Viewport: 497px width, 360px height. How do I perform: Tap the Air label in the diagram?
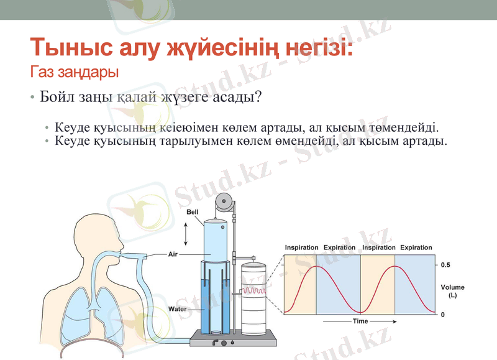point(174,254)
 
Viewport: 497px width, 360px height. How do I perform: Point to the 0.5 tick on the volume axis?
point(446,265)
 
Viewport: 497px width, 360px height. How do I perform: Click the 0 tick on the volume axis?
point(442,315)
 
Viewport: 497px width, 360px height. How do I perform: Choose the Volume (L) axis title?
point(452,291)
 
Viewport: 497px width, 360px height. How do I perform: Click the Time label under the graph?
point(360,321)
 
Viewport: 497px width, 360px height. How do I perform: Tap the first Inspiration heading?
point(301,247)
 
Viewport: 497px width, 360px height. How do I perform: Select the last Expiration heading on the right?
point(416,247)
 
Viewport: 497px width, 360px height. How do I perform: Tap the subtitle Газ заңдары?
point(74,73)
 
